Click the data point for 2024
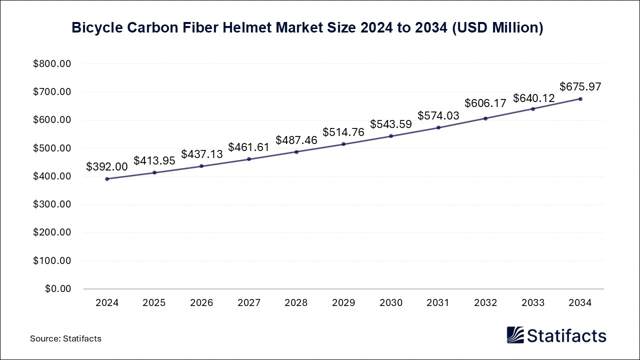(107, 178)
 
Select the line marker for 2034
(580, 99)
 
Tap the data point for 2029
(343, 144)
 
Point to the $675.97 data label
(580, 86)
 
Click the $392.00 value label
(107, 167)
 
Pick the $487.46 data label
(296, 140)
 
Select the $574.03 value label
(438, 115)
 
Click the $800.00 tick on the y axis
(52, 64)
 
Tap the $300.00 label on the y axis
(52, 204)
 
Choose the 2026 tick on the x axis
(201, 303)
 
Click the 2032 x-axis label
(485, 303)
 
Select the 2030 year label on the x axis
(391, 303)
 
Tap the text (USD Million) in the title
(497, 28)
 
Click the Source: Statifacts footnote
(65, 338)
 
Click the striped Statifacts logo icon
(515, 335)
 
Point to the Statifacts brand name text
(566, 335)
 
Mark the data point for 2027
(249, 159)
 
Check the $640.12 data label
(533, 98)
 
